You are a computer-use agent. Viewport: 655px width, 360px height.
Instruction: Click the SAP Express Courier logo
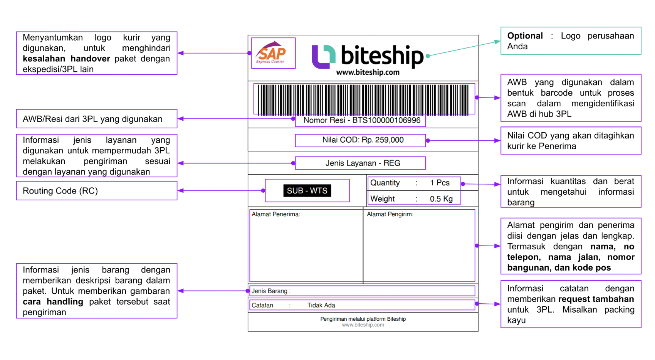click(x=273, y=53)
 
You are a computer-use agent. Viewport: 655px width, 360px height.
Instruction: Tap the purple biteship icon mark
click(x=323, y=57)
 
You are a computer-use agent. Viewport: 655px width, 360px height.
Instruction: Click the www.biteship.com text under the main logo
click(x=368, y=72)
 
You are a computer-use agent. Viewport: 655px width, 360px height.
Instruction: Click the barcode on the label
click(x=363, y=99)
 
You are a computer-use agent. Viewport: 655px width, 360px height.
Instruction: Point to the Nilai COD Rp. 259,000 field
click(x=363, y=140)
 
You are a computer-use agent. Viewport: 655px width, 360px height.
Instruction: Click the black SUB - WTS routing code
click(x=307, y=191)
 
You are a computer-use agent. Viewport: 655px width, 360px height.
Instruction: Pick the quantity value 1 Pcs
click(x=440, y=183)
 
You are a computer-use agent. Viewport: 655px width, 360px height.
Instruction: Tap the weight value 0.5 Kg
click(x=441, y=199)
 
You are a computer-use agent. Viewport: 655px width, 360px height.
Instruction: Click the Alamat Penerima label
click(x=275, y=214)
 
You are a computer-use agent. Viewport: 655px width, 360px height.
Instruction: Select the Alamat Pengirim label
click(x=390, y=214)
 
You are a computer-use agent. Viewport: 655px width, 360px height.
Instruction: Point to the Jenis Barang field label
click(x=270, y=291)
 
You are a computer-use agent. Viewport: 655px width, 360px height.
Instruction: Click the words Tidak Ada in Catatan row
click(x=321, y=305)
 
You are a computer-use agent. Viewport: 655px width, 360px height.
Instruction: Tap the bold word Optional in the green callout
click(x=525, y=36)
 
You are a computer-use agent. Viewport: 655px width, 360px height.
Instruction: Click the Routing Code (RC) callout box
click(x=96, y=191)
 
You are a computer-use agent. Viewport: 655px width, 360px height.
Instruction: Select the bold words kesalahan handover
click(x=66, y=59)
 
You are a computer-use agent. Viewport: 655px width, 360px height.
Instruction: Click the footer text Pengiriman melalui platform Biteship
click(x=363, y=319)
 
